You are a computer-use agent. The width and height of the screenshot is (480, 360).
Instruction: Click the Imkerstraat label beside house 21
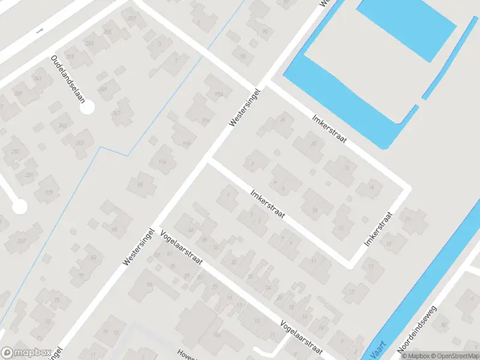(377, 229)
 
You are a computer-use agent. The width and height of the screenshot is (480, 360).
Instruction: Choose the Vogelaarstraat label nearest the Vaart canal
(302, 337)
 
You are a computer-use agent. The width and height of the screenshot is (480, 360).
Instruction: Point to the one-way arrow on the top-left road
(40, 29)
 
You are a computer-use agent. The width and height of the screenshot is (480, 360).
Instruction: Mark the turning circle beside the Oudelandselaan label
(88, 108)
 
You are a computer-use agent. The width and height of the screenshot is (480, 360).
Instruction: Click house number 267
(132, 19)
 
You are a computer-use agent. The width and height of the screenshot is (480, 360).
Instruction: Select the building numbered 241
(38, 79)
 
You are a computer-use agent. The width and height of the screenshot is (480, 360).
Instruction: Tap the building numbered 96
(149, 284)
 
